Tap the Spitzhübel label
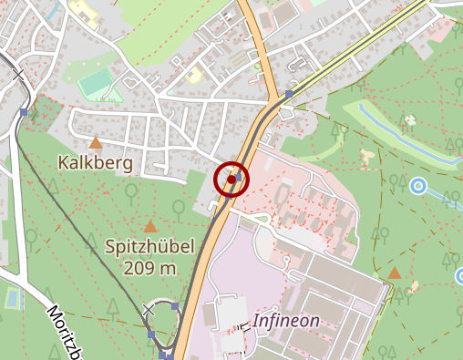[149, 246]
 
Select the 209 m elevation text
[151, 268]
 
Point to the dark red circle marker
[231, 180]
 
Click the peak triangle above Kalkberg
[95, 143]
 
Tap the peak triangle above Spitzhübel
[150, 225]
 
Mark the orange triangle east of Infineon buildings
[394, 273]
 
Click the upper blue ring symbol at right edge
[418, 186]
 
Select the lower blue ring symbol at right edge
[459, 275]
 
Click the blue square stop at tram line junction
[289, 94]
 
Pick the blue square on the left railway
[23, 112]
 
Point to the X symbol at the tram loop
[149, 311]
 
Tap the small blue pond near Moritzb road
[11, 298]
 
